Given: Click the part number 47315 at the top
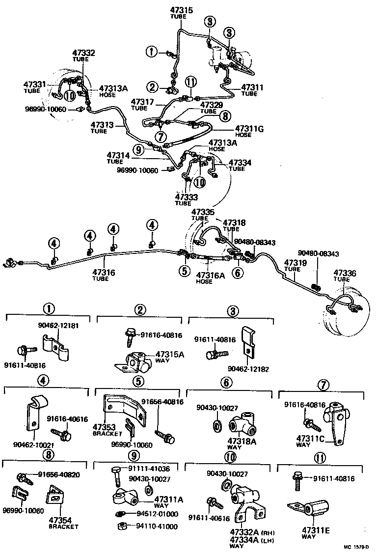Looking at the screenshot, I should pyautogui.click(x=181, y=10).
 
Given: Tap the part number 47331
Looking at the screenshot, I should pyautogui.click(x=34, y=84).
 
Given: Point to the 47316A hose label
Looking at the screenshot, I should pyautogui.click(x=210, y=277).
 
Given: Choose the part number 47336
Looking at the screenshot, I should pyautogui.click(x=346, y=273).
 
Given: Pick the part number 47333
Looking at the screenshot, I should pyautogui.click(x=187, y=197).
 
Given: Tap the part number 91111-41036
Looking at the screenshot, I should pyautogui.click(x=154, y=469).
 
